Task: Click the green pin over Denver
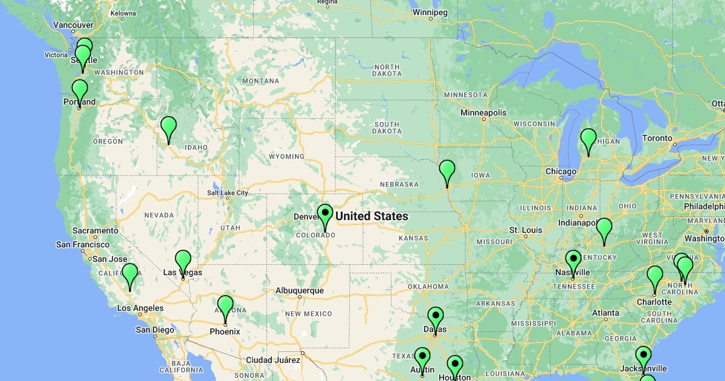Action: [x=325, y=215]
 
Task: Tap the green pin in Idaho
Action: [x=168, y=128]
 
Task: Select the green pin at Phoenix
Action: [x=225, y=306]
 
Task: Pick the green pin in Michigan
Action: [x=588, y=140]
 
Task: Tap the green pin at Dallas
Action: [x=435, y=318]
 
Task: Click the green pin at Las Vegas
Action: [x=182, y=261]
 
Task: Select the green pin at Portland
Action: [x=80, y=91]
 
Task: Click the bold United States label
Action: [x=372, y=217]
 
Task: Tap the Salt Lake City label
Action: [x=227, y=193]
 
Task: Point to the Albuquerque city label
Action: [x=300, y=290]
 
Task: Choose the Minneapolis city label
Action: [x=483, y=112]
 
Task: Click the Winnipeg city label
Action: [x=430, y=12]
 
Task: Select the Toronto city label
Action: [x=657, y=138]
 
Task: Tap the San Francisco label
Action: [x=83, y=244]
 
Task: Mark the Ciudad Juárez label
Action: [x=272, y=360]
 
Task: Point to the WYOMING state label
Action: [x=286, y=157]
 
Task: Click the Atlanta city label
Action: [x=605, y=313]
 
